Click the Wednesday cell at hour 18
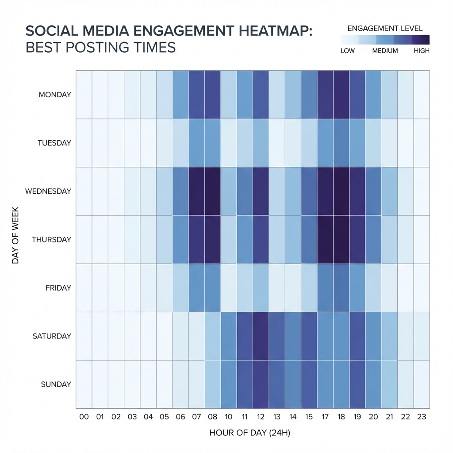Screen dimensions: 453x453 [x=341, y=191]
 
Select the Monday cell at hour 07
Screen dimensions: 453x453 [x=196, y=94]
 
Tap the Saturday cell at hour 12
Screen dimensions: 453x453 [x=261, y=336]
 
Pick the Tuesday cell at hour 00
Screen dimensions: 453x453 [x=84, y=143]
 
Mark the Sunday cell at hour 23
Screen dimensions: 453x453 [x=422, y=384]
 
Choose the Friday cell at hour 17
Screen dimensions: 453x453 [x=325, y=288]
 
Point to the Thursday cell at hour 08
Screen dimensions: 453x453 [x=212, y=239]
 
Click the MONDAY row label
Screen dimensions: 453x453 [x=55, y=95]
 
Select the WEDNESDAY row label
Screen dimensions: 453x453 [x=48, y=192]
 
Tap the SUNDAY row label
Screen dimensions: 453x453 [x=56, y=384]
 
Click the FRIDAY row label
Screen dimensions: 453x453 [x=58, y=288]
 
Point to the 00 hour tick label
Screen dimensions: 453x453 [x=84, y=417]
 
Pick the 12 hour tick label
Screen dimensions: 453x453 [x=261, y=417]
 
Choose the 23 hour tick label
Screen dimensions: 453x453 [x=422, y=417]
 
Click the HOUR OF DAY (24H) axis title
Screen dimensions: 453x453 [x=250, y=433]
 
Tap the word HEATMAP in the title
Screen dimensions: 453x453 [x=261, y=32]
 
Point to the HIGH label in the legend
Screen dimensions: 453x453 [x=421, y=50]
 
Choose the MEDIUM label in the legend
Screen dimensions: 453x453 [x=385, y=50]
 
